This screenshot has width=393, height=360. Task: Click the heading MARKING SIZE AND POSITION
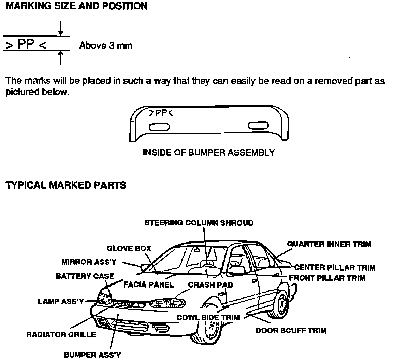[x=77, y=6]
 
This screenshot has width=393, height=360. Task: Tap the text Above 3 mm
[x=106, y=45]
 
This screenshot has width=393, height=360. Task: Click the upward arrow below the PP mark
[x=60, y=57]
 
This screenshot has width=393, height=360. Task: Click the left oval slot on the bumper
[x=159, y=127]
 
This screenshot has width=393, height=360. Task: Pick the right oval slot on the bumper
[x=258, y=126]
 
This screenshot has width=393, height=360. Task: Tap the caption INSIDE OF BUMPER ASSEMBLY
[x=208, y=153]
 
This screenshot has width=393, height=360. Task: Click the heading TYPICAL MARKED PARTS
[x=66, y=185]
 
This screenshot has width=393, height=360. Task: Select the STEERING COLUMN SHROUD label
[x=199, y=223]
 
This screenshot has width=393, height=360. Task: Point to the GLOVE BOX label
[x=129, y=248]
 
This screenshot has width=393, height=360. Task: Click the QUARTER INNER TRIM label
[x=329, y=244]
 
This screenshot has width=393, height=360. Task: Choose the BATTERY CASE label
[x=85, y=276]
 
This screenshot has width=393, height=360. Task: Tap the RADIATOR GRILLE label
[x=61, y=335]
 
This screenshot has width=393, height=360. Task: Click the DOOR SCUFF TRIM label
[x=291, y=331]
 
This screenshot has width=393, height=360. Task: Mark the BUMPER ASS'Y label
[x=92, y=355]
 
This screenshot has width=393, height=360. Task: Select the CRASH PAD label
[x=210, y=285]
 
